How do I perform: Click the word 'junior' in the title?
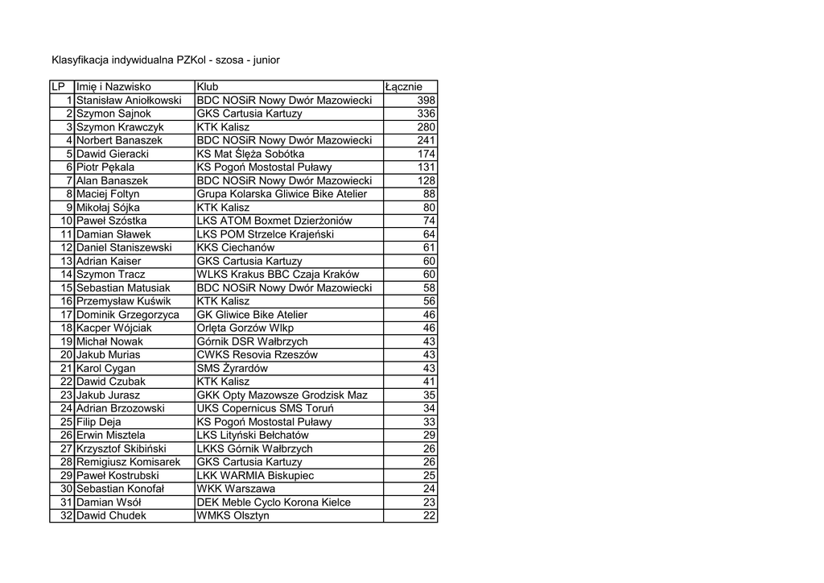pos(266,60)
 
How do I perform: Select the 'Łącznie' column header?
pos(403,87)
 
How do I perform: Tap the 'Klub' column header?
pos(208,87)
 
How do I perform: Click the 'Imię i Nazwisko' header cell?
pos(113,87)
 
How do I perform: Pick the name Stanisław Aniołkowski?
pos(129,101)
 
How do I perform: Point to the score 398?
pos(426,101)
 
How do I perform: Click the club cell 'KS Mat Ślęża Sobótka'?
pos(250,154)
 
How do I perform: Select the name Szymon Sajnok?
pos(113,114)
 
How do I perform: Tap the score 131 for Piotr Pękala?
pos(426,167)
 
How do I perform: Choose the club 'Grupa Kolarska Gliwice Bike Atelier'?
pos(282,194)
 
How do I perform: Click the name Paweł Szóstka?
pos(111,221)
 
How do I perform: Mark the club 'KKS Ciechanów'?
pos(236,248)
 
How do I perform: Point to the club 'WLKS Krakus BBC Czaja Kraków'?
pos(278,275)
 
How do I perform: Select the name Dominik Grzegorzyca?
pos(128,315)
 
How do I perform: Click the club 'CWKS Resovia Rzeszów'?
pos(257,355)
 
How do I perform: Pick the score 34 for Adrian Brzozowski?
pos(429,409)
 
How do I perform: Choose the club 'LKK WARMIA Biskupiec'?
pos(256,476)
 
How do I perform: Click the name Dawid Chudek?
pos(111,516)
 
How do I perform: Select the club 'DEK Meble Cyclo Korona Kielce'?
pos(274,502)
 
